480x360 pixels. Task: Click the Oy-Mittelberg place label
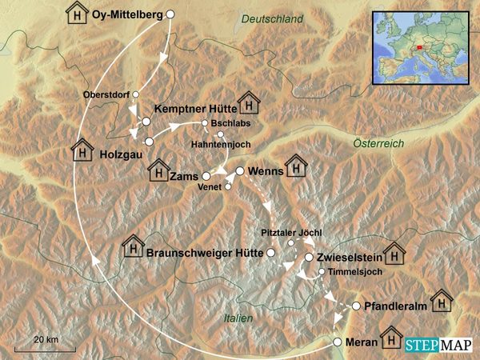[x=128, y=14]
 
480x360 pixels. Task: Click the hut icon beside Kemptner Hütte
[x=249, y=103]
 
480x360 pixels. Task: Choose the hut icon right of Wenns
[x=296, y=166]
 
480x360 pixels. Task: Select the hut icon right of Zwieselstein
[x=394, y=254]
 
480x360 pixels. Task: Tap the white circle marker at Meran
[x=337, y=342]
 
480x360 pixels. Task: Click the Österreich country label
[x=378, y=142]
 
